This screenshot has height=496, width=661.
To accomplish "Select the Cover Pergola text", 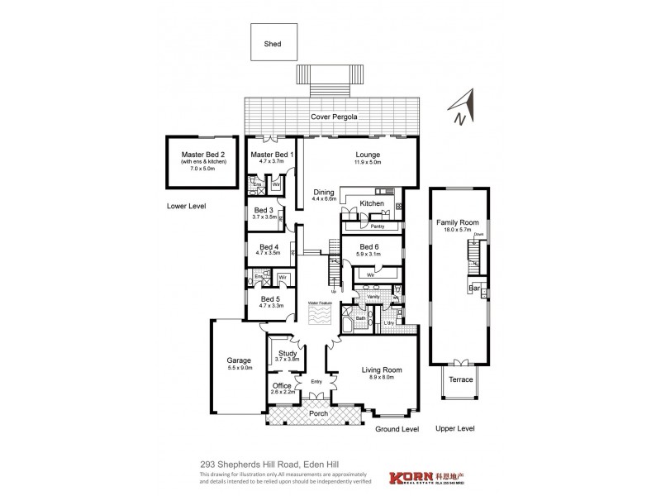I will click(x=334, y=117).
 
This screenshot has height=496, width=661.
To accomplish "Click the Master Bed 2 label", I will click(x=203, y=155).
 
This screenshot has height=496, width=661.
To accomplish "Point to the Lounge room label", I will click(x=368, y=154).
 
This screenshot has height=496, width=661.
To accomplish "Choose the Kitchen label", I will click(x=372, y=203).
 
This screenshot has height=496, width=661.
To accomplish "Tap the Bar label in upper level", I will click(x=475, y=289).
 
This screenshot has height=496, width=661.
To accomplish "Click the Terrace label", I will click(x=460, y=379).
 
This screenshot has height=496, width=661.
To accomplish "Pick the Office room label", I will click(x=283, y=386).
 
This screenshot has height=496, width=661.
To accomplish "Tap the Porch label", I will click(x=318, y=413).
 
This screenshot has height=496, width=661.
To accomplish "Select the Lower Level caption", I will click(x=185, y=205).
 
